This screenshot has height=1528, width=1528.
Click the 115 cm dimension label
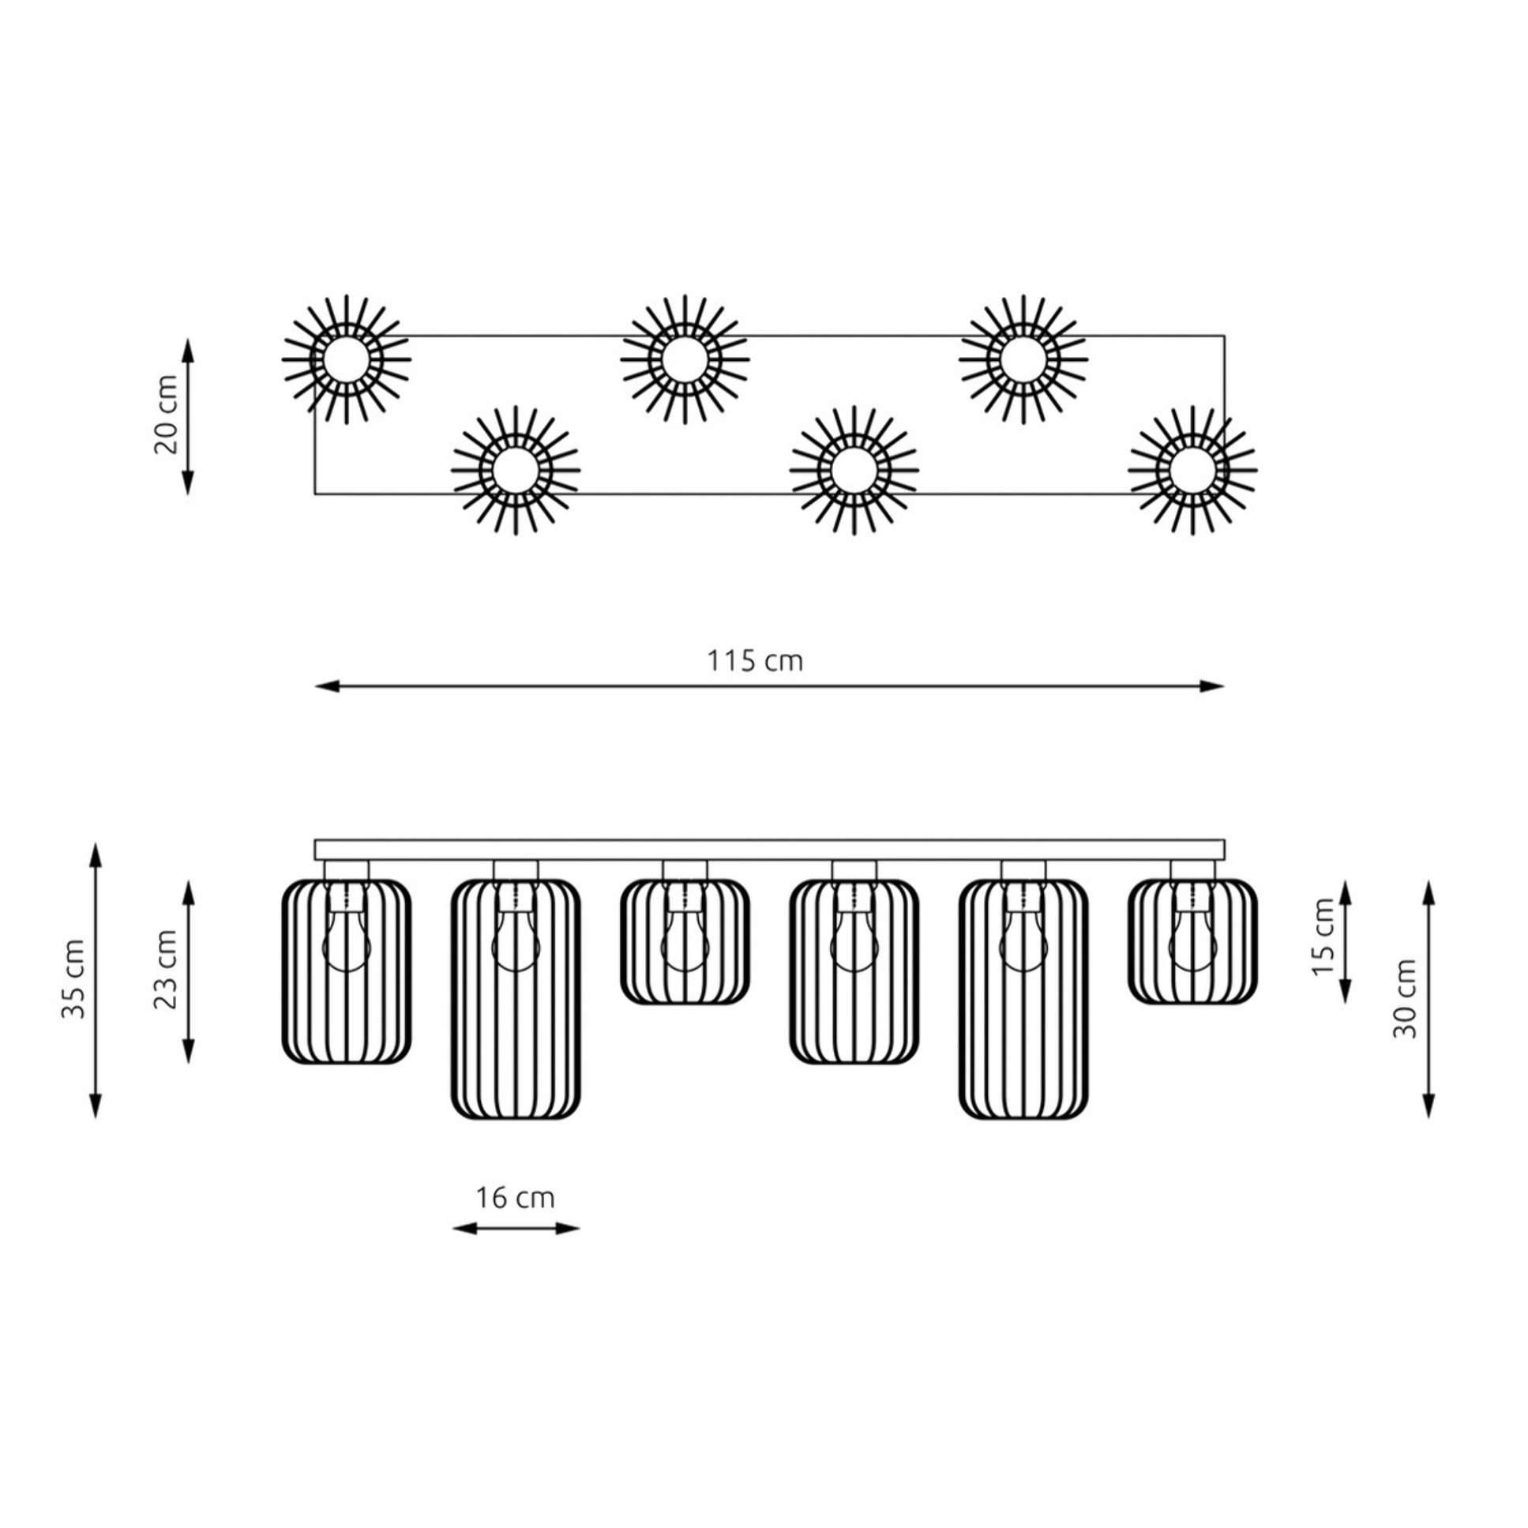tap(754, 660)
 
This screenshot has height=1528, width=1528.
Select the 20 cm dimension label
tap(166, 415)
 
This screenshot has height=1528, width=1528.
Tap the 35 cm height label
tap(73, 979)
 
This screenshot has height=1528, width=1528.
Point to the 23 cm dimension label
tap(166, 970)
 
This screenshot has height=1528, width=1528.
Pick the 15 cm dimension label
tap(1323, 938)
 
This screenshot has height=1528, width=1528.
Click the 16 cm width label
tap(516, 1198)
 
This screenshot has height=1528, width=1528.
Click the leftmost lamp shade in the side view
tap(347, 971)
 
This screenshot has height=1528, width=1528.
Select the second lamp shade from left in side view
tap(516, 999)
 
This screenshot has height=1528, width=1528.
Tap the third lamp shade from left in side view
tap(685, 942)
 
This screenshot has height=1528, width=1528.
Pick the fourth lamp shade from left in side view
tap(854, 971)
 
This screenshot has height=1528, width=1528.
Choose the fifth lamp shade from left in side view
tap(1023, 999)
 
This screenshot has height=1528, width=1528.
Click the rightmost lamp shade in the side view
tap(1192, 942)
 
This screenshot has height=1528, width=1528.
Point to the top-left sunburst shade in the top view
tap(347, 359)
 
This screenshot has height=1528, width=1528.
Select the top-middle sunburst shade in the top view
tap(685, 359)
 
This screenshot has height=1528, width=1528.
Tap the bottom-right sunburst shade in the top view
tap(1192, 470)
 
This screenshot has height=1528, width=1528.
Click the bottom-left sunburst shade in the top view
tap(516, 470)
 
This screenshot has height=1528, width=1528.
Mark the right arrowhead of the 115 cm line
tap(1213, 685)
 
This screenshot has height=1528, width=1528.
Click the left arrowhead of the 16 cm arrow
tap(464, 1228)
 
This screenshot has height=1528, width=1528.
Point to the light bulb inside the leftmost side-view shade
tap(347, 933)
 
